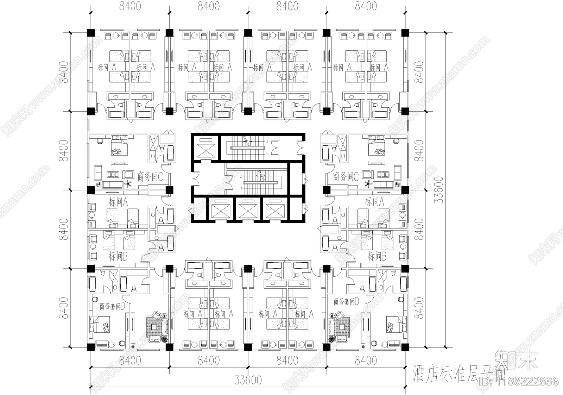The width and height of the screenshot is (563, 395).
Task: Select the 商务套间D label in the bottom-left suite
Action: coord(112,306)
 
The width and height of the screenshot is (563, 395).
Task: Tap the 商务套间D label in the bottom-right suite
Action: coord(346,301)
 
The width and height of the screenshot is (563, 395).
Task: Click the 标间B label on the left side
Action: coord(118,256)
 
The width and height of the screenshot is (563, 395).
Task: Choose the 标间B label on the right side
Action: coord(377,256)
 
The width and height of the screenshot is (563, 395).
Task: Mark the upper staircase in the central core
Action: coord(248,148)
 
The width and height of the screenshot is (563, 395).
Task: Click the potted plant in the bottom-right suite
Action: coord(331,339)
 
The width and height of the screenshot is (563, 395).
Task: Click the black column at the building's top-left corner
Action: coord(91,32)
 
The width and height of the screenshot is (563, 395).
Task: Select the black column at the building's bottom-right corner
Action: coord(405,347)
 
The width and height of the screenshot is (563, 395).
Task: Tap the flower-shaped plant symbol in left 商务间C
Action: coord(129,183)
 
